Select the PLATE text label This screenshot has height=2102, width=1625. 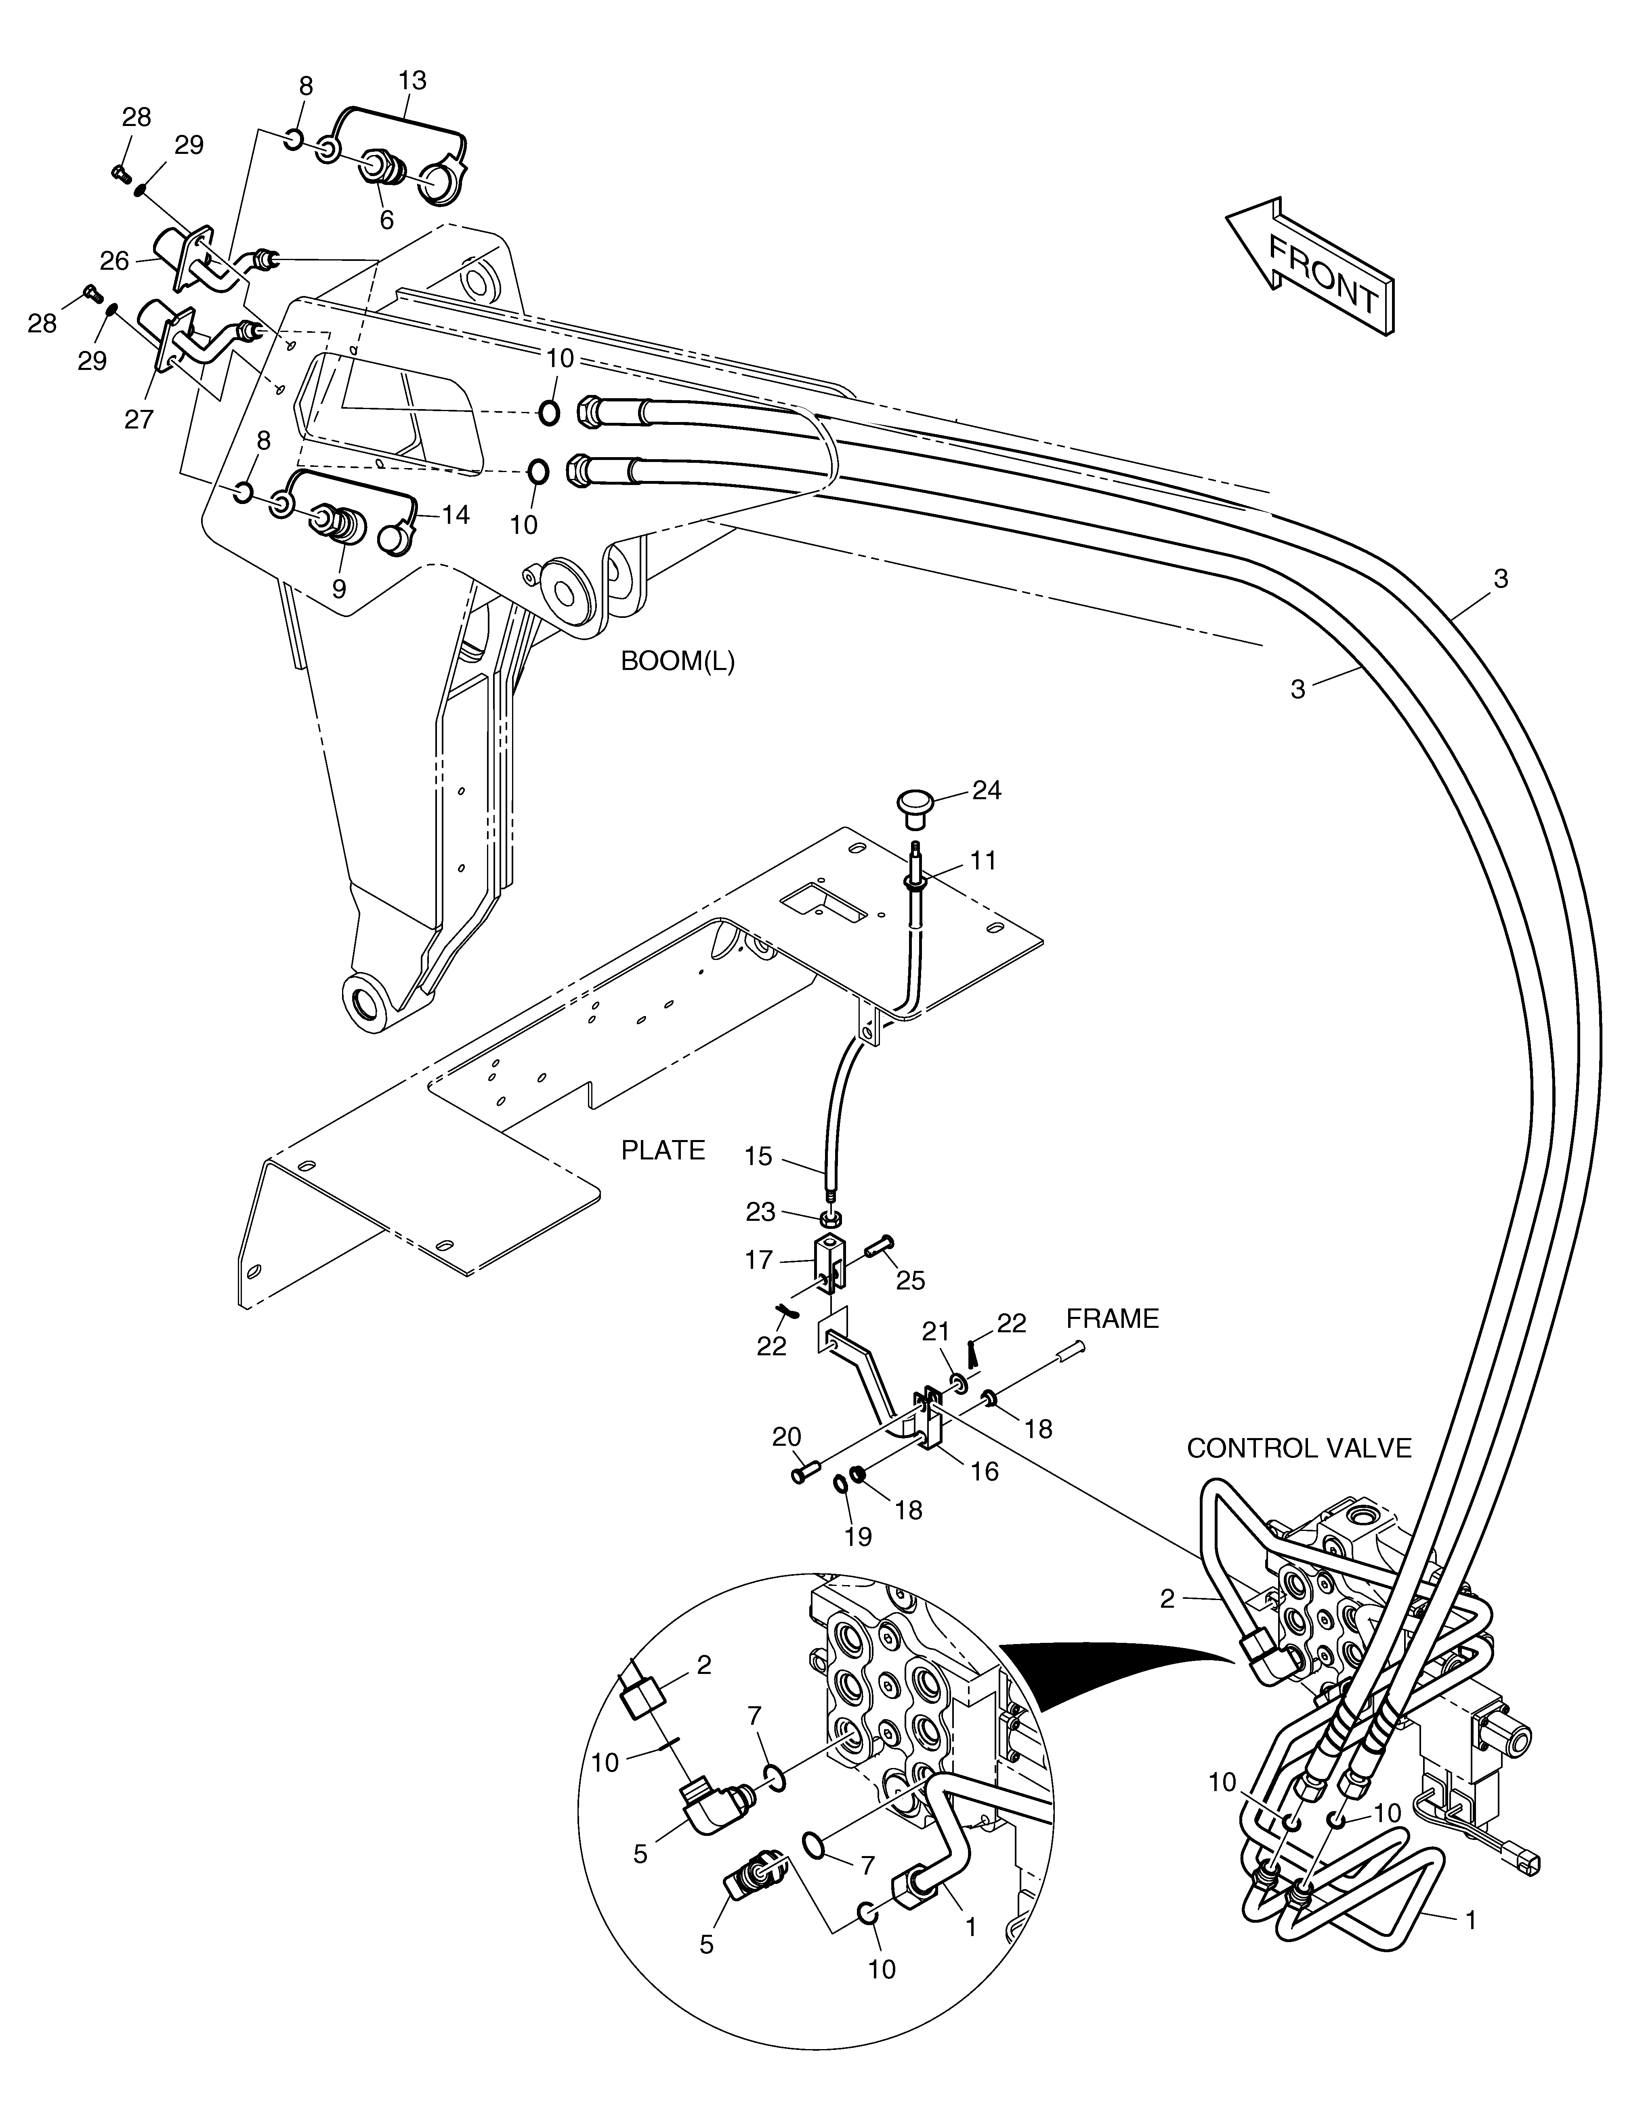click(663, 1150)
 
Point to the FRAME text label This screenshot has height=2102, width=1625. click(1112, 1319)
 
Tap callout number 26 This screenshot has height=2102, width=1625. click(115, 261)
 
